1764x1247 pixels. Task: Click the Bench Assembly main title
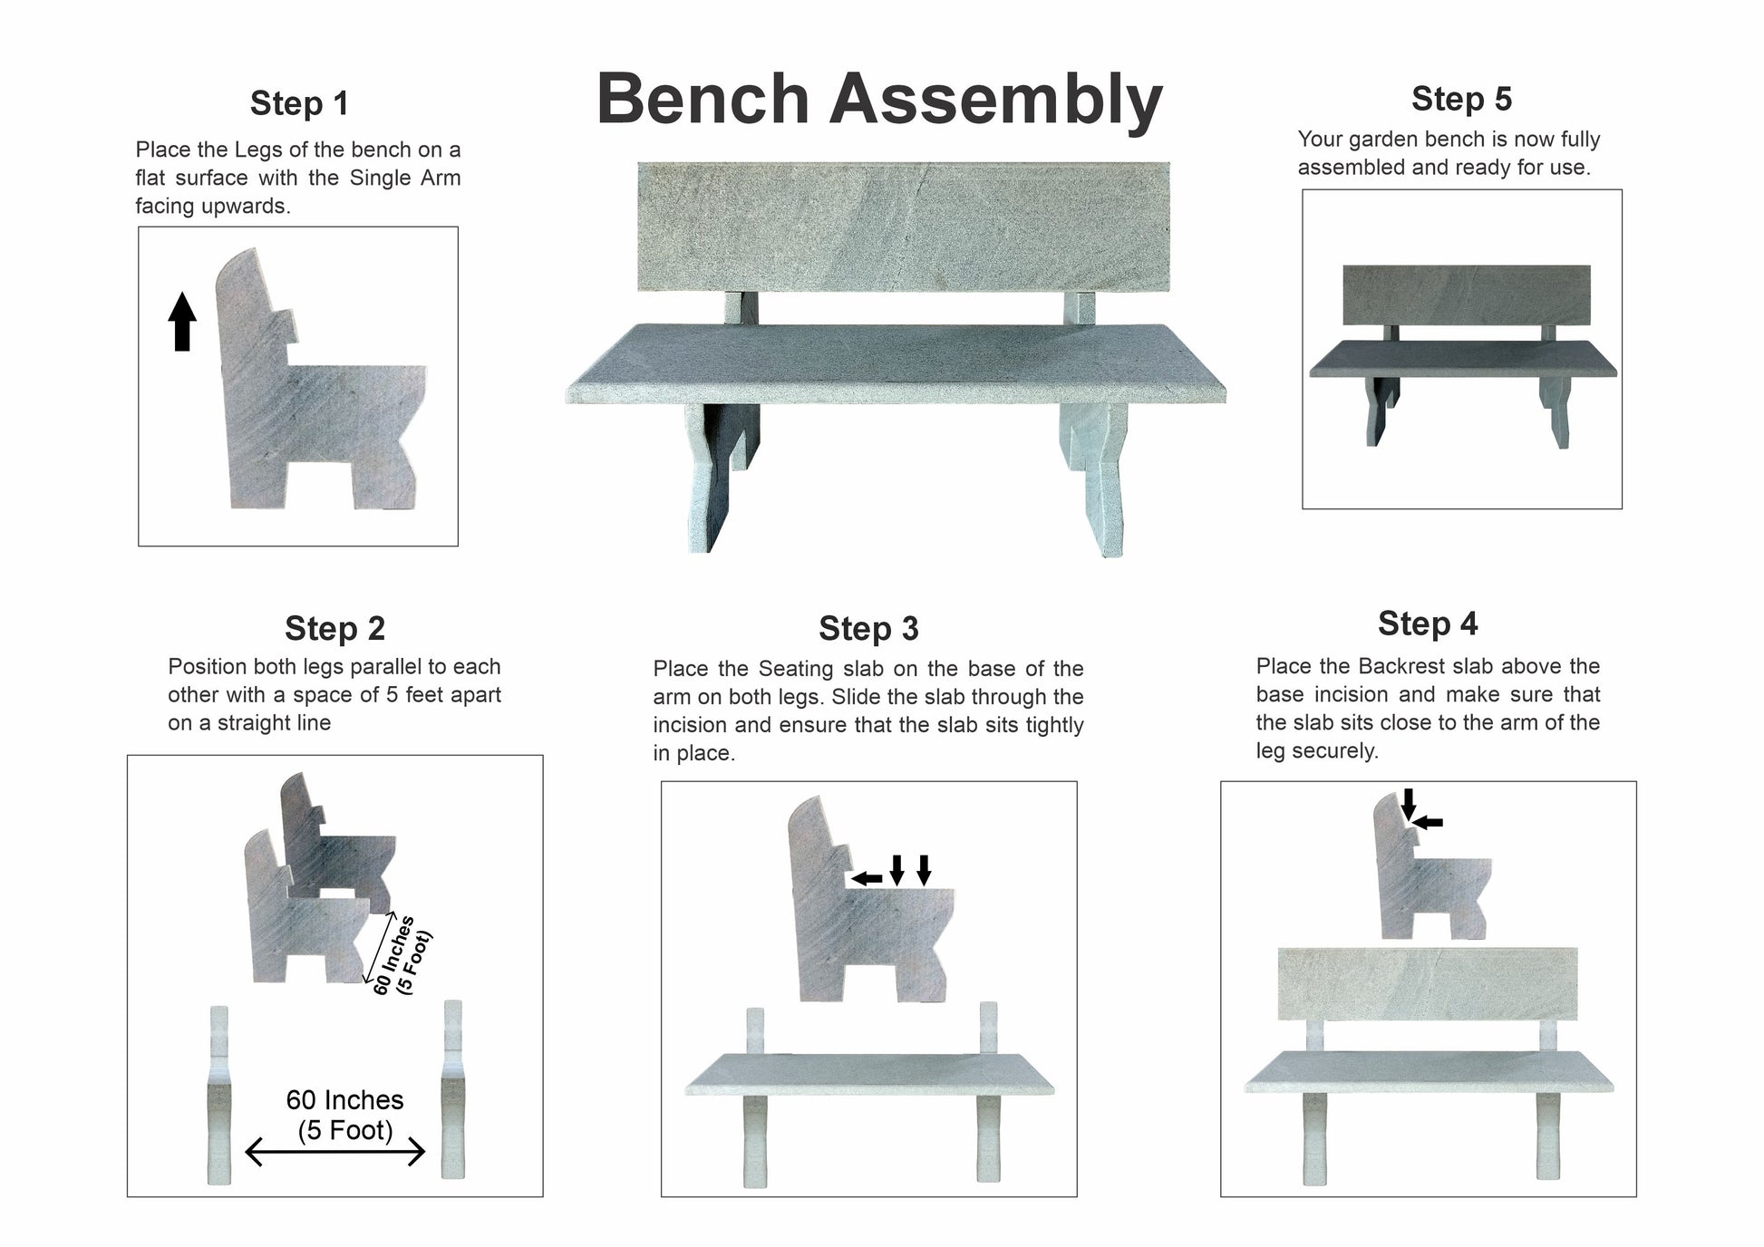(879, 100)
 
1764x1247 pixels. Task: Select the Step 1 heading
(299, 103)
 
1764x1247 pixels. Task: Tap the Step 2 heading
(334, 628)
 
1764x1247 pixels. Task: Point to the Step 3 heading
(868, 628)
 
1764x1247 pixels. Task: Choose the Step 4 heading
(1428, 623)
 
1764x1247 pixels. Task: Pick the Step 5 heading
(1461, 99)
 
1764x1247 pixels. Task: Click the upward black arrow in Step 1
(182, 321)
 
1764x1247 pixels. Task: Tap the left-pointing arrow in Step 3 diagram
(867, 878)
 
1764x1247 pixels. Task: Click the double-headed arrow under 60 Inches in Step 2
(335, 1153)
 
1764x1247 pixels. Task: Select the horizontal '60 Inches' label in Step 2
(344, 1100)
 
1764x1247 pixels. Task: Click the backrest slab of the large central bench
(904, 227)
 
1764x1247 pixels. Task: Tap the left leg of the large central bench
(721, 476)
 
